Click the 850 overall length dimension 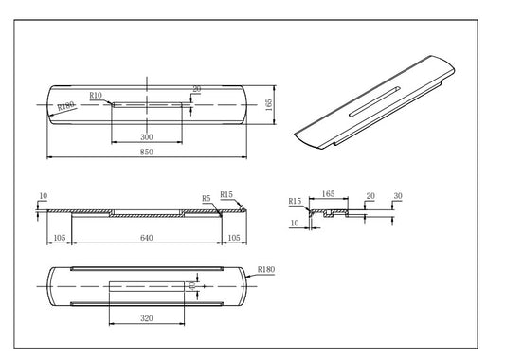[x=147, y=151]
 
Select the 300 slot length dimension [x=147, y=137]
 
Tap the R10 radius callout [x=96, y=96]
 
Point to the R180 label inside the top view [x=64, y=107]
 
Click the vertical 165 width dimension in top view [x=269, y=103]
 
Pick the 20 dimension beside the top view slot [x=197, y=89]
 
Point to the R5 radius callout [x=206, y=198]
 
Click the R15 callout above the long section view [x=225, y=194]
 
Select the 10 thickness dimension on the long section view [x=43, y=196]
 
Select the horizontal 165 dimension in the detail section [x=329, y=193]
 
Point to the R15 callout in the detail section [x=296, y=201]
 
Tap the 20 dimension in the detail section [x=370, y=196]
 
